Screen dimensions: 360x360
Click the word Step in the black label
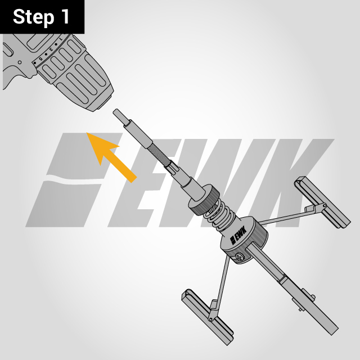[33, 17]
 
